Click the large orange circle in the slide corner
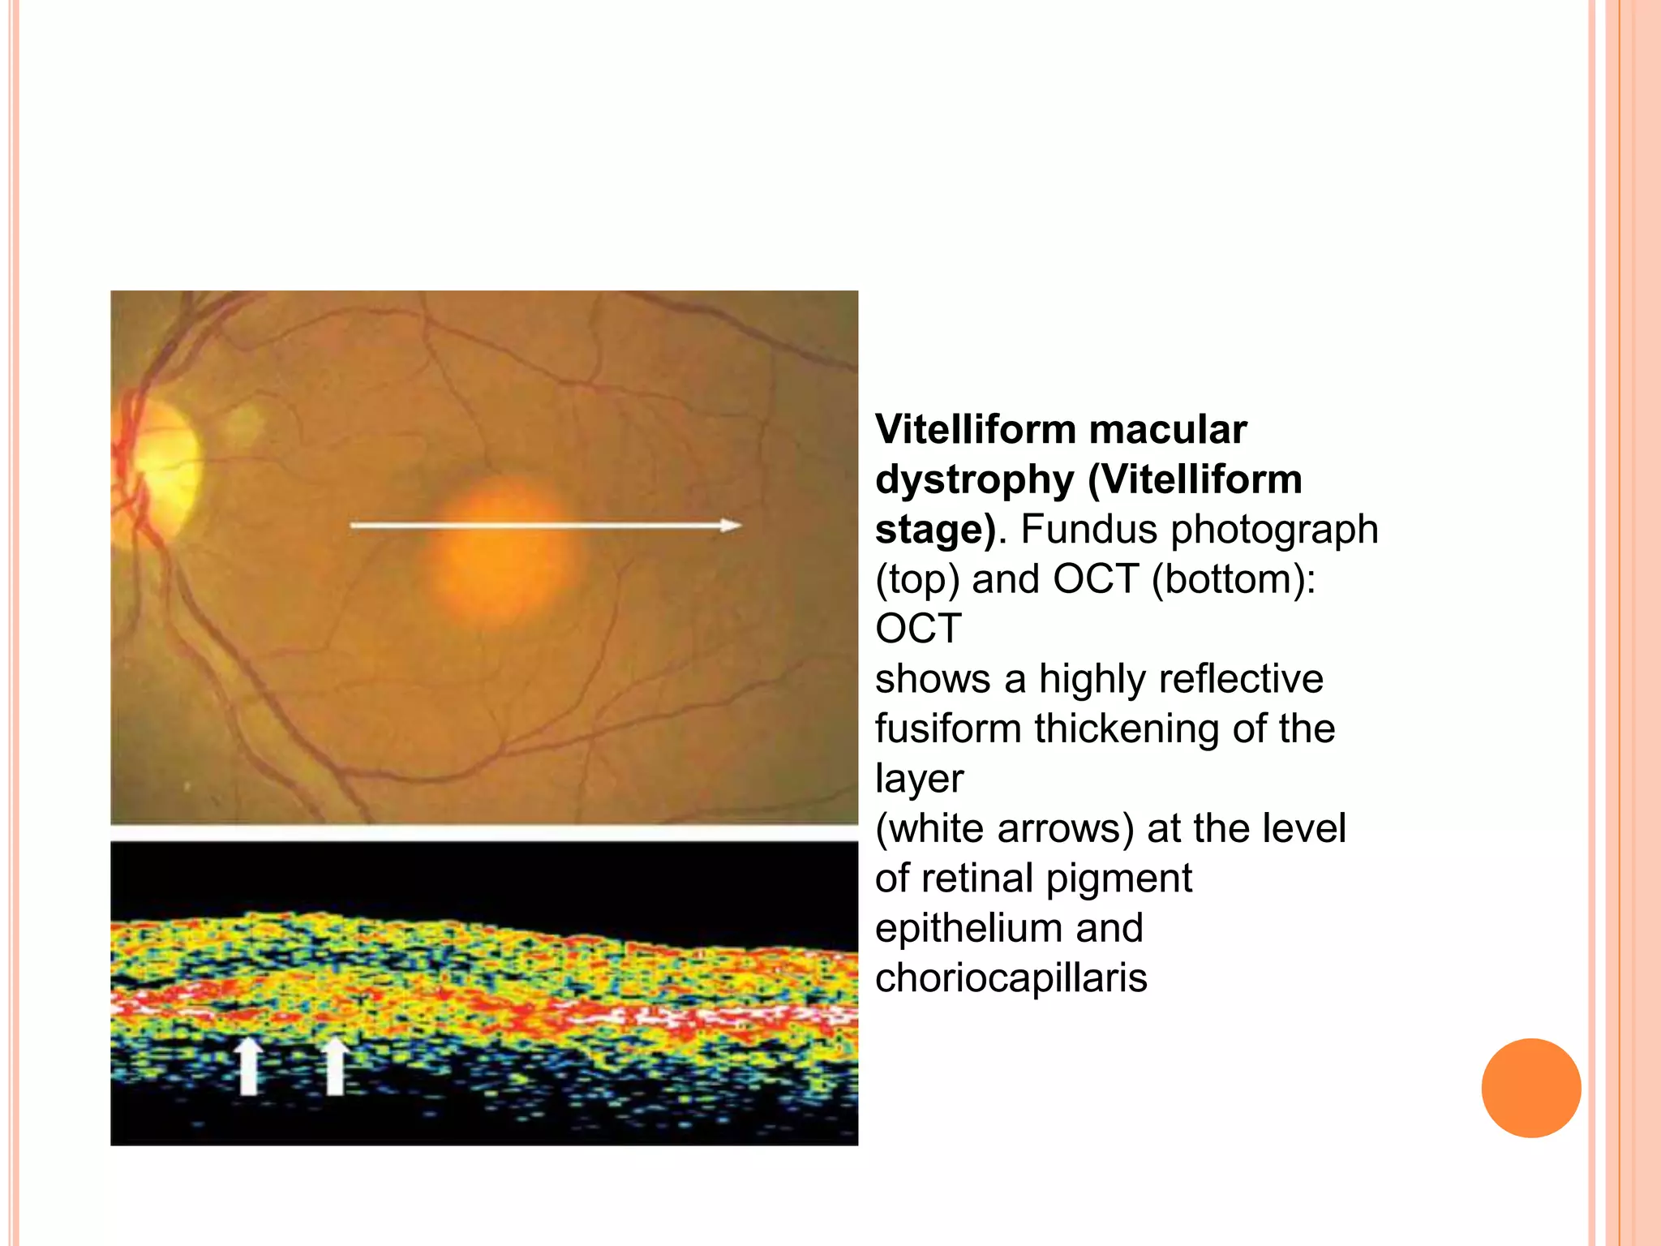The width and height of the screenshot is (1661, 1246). coord(1530,1088)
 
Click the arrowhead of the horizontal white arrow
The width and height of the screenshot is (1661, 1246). coord(731,526)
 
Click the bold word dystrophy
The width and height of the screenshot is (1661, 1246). coord(974,479)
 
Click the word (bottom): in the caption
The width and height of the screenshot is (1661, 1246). coord(1233,579)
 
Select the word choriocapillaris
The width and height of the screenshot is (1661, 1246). coord(1011,978)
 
